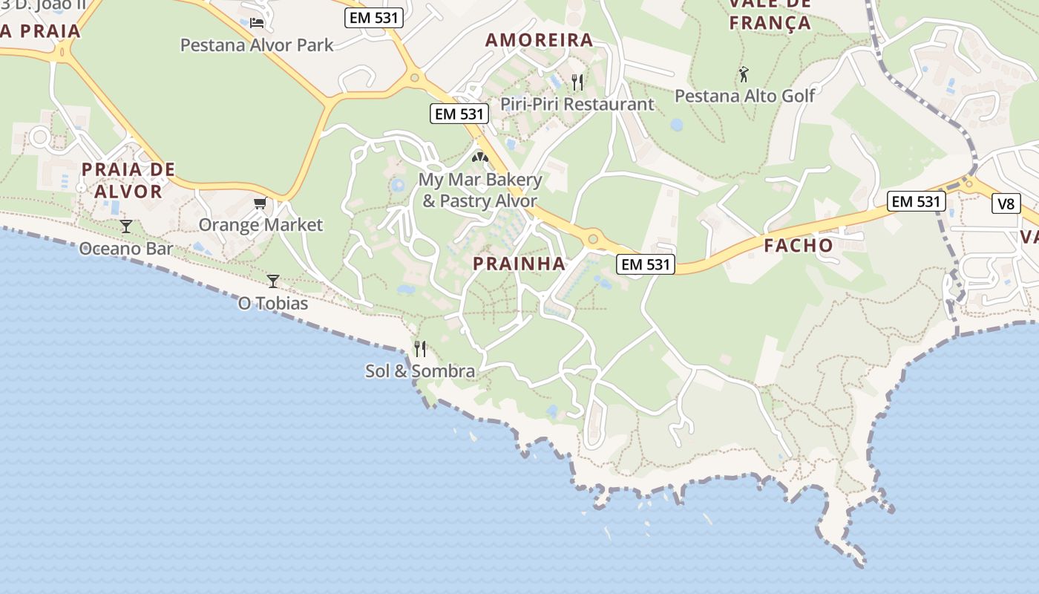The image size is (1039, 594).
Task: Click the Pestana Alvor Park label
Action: click(257, 45)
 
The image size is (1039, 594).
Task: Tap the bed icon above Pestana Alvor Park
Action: click(257, 22)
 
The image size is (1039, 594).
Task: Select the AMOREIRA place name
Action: click(540, 40)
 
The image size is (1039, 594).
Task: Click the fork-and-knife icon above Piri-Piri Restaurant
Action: click(577, 82)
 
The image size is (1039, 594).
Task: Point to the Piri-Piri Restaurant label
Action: click(577, 104)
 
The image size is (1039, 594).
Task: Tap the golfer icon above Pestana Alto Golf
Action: click(744, 74)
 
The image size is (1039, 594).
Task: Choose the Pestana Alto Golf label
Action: click(744, 96)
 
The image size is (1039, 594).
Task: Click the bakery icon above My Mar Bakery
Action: click(480, 157)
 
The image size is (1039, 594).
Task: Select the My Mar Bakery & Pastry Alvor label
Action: click(480, 190)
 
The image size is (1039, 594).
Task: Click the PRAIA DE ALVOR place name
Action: click(128, 180)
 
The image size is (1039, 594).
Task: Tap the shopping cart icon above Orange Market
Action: click(260, 203)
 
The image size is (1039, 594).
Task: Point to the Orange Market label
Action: click(260, 225)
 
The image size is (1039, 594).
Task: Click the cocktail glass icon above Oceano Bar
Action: click(126, 226)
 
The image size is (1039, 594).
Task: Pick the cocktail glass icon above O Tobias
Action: click(273, 281)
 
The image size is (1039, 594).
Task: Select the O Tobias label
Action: click(272, 304)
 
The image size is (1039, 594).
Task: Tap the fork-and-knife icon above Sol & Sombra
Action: click(420, 348)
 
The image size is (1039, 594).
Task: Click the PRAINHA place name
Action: click(519, 264)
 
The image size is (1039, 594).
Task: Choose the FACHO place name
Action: click(799, 245)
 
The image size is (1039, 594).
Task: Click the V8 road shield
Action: click(1006, 203)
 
